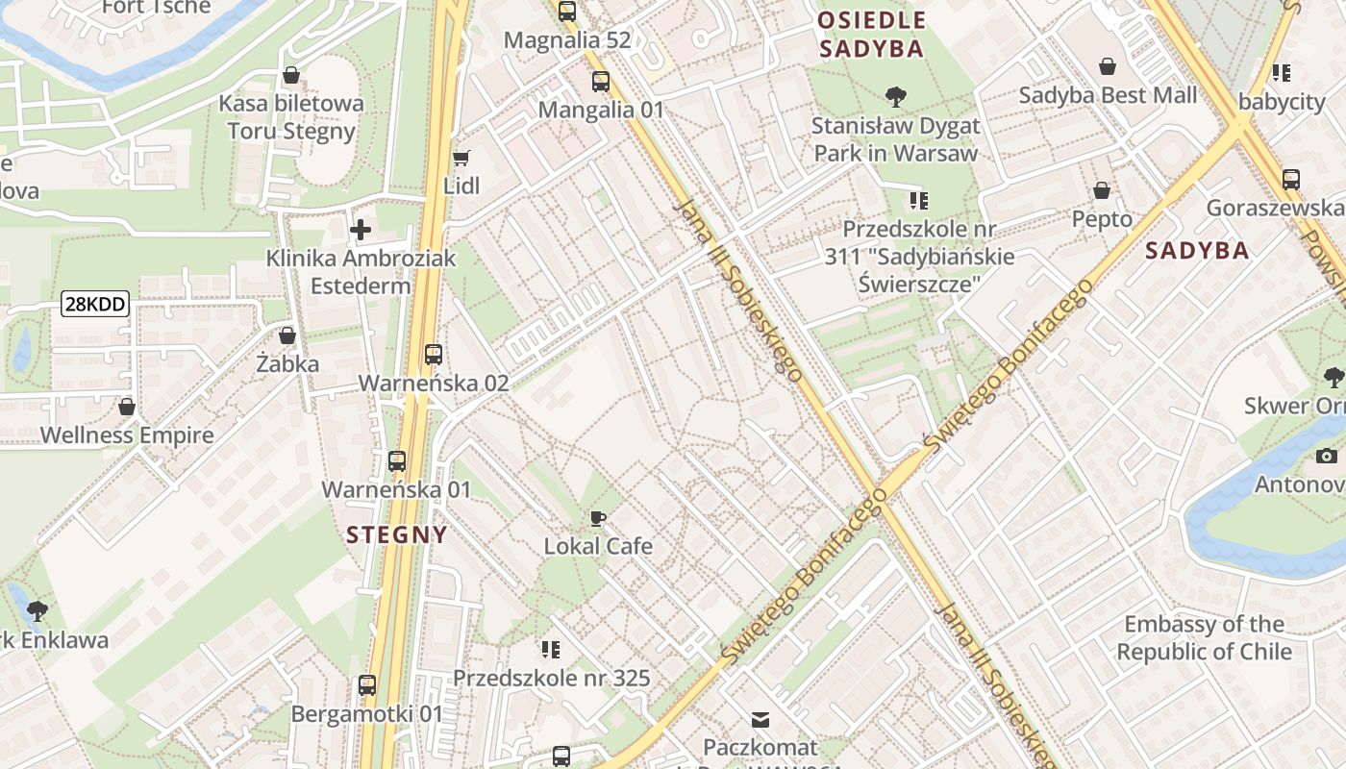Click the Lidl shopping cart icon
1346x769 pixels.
coord(461,158)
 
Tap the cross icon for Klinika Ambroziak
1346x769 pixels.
coord(361,230)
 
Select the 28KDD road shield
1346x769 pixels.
coord(94,305)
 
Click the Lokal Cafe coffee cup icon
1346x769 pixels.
coord(598,519)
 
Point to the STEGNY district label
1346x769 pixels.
coord(396,534)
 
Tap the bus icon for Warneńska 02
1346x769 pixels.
coord(434,355)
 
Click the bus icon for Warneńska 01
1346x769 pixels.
coord(397,461)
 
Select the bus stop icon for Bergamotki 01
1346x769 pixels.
coord(366,685)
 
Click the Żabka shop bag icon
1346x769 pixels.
coord(287,335)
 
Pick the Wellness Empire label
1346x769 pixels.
coord(127,435)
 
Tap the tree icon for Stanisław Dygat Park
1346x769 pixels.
coord(895,97)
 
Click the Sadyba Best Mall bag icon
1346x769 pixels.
coord(1108,66)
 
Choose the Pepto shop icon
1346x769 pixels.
coord(1102,190)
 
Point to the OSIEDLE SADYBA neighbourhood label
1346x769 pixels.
coord(871,35)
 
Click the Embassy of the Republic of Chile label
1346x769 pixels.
coord(1204,637)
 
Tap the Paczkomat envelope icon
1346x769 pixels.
coord(760,719)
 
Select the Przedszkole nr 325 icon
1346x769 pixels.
coord(551,650)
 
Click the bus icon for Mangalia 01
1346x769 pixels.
coord(601,82)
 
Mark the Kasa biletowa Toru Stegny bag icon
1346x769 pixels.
coord(290,75)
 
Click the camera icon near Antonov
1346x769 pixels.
coord(1327,456)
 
